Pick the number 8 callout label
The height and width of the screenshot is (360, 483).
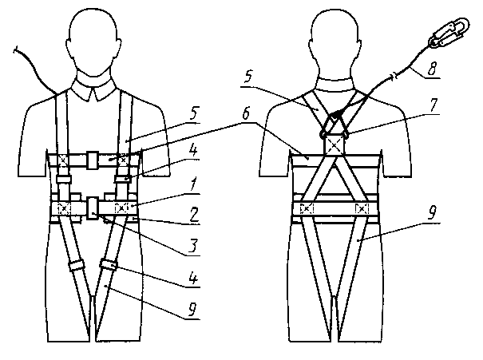432,68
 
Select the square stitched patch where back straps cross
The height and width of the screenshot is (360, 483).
334,145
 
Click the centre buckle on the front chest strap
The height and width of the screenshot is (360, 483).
93,158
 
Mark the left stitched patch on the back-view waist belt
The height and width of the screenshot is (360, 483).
307,209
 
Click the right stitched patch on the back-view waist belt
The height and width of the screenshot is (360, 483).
363,209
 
